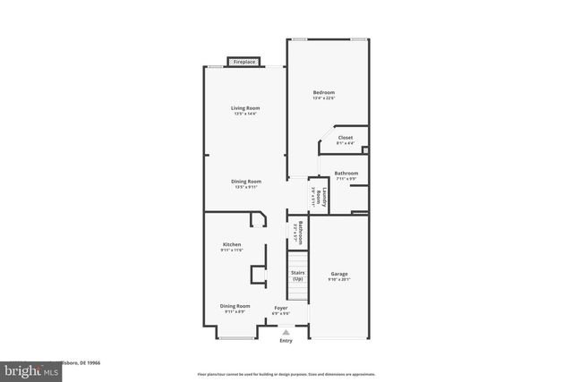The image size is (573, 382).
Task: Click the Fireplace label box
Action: [244, 62]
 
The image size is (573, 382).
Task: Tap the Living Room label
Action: [244, 108]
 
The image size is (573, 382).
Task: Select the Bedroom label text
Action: [323, 93]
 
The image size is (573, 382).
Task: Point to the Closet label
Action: [345, 137]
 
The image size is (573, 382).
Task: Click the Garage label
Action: [339, 274]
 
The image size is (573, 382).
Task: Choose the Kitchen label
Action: [232, 244]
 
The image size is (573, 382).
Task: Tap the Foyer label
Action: [281, 307]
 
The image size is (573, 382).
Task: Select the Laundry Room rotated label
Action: [319, 195]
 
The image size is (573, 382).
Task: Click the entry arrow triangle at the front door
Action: [286, 331]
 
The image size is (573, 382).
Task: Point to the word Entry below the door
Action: [286, 341]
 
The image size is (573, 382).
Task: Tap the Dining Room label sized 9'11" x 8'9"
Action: [235, 306]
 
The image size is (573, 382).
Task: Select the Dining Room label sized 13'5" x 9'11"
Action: [245, 182]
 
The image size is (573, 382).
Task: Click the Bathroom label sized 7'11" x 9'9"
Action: [346, 173]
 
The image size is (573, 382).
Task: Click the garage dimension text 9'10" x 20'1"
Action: [339, 279]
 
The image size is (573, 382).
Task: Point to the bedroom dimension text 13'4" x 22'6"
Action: [323, 98]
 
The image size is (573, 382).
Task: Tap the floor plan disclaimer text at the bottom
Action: [286, 374]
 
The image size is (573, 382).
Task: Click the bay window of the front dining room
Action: [235, 337]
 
